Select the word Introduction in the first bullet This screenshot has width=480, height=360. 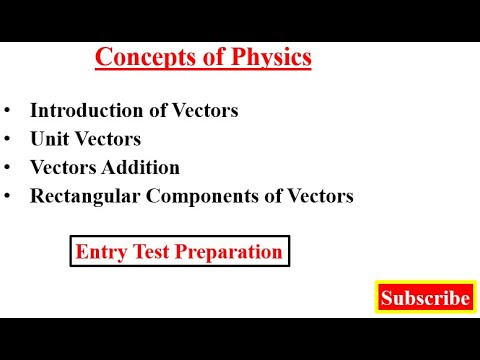[x=83, y=111]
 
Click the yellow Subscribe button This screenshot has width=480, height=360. [x=425, y=298]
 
